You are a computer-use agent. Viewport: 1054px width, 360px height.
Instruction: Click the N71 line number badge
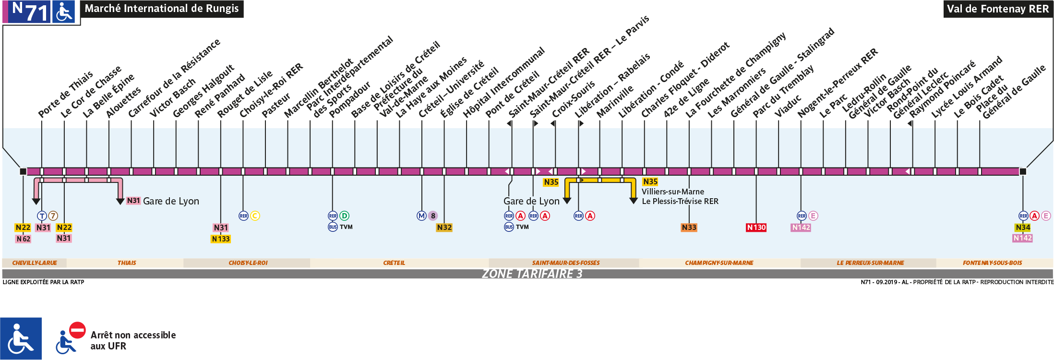click(x=30, y=12)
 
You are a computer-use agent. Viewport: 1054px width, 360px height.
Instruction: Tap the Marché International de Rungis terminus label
click(x=161, y=9)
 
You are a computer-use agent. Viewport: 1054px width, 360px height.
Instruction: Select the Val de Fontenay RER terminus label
click(x=997, y=9)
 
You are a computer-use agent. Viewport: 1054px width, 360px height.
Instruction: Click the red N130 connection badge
click(x=756, y=228)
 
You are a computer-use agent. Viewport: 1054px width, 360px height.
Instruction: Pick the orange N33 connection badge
click(x=689, y=228)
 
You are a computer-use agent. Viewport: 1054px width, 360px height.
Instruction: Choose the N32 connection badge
click(x=444, y=228)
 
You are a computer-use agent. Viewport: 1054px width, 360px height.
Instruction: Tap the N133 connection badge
click(x=221, y=239)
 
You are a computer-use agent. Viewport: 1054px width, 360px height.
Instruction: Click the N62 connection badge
click(x=23, y=239)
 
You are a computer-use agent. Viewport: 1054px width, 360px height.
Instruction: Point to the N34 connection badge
click(x=1023, y=228)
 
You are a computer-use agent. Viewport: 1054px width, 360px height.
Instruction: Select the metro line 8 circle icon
click(x=433, y=216)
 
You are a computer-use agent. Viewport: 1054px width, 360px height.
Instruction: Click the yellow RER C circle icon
click(x=255, y=216)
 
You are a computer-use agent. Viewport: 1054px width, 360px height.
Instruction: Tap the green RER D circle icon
click(x=344, y=216)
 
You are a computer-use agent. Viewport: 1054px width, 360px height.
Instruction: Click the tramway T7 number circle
click(x=53, y=216)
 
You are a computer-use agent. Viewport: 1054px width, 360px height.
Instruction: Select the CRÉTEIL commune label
click(x=394, y=263)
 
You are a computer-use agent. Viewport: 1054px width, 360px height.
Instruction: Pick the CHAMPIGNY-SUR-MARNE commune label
click(x=719, y=263)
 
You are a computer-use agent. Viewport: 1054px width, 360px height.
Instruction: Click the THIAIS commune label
click(x=127, y=263)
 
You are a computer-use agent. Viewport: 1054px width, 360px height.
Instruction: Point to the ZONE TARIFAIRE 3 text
click(x=532, y=274)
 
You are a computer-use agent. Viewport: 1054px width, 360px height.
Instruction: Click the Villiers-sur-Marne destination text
click(x=673, y=192)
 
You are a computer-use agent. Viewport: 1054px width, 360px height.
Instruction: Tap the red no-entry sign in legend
click(x=77, y=330)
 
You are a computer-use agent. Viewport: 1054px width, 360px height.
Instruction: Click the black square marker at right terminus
click(x=1023, y=171)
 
